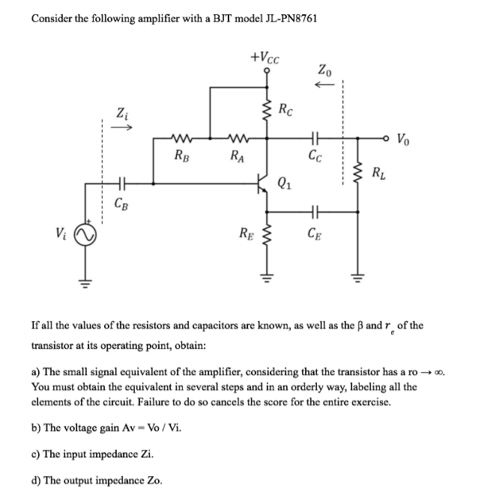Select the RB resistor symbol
[183, 138]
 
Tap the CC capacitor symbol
[315, 138]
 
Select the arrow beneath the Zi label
[122, 128]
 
